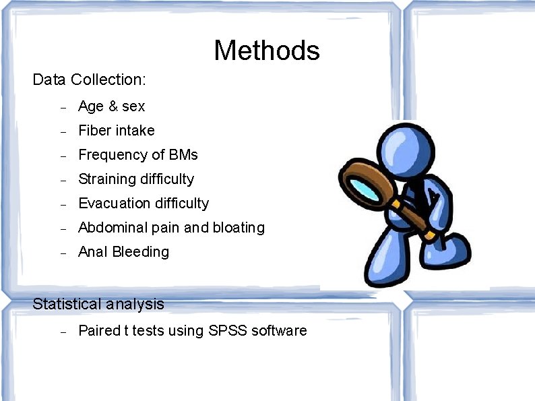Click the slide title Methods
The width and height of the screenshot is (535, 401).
(267, 51)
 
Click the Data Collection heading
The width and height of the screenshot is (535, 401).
(89, 80)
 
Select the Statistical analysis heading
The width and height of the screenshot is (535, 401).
(98, 304)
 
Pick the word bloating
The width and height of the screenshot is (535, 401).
(239, 227)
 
